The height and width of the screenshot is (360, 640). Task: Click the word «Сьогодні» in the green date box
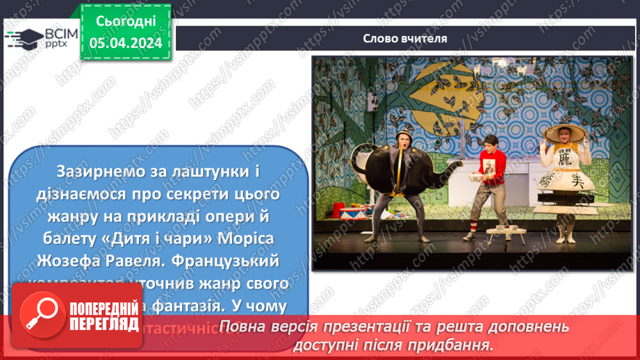pyautogui.click(x=125, y=23)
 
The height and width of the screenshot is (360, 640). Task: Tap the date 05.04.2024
pyautogui.click(x=125, y=43)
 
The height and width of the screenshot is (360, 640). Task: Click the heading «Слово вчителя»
pyautogui.click(x=404, y=38)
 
